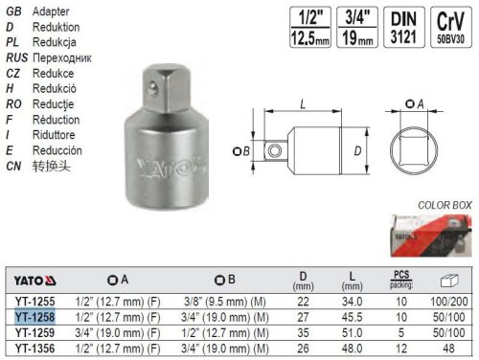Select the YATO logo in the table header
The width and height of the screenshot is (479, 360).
[x=34, y=281]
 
